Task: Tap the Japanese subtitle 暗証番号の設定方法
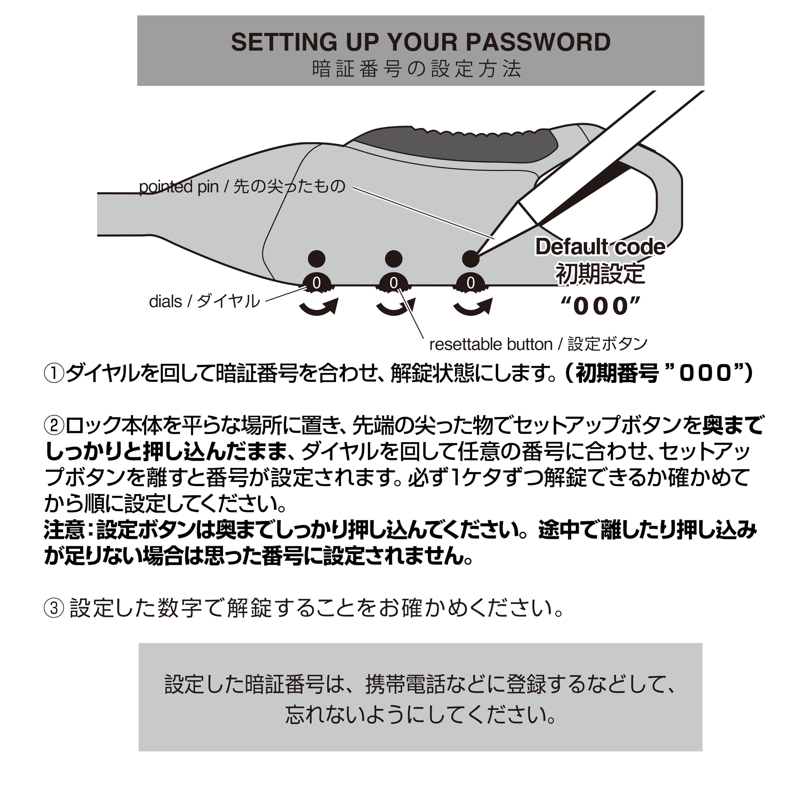point(417,69)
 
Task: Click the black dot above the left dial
point(317,258)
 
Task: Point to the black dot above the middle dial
point(394,258)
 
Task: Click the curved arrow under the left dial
point(319,308)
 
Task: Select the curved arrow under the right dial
point(473,308)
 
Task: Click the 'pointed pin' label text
point(179,187)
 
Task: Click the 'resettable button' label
point(491,344)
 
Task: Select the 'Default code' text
point(600,247)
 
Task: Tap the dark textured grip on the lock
point(457,146)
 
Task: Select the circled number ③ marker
point(54,608)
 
